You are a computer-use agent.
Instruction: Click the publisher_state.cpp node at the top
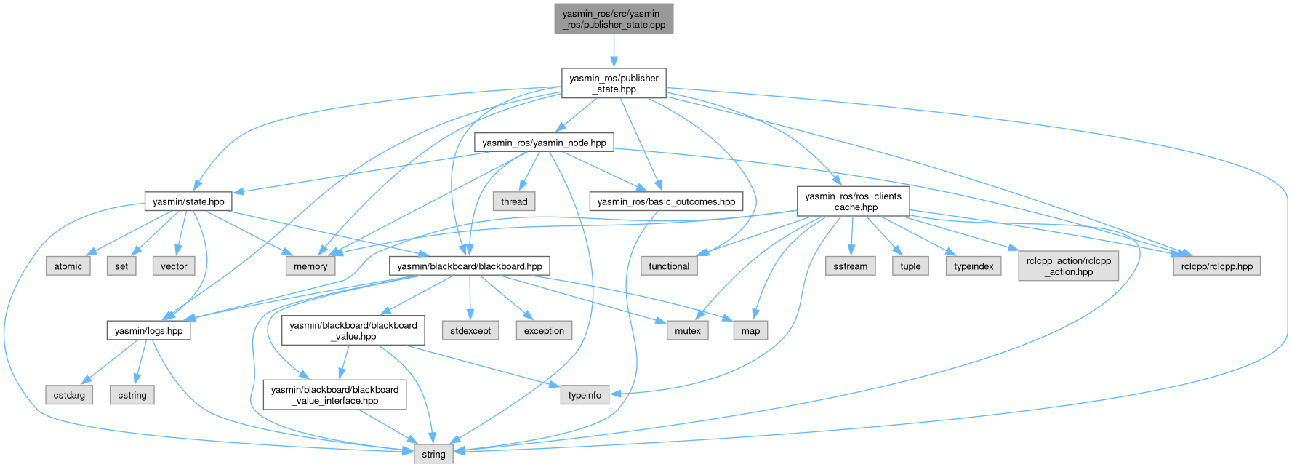click(x=614, y=18)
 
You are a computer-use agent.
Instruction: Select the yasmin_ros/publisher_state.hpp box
click(x=614, y=83)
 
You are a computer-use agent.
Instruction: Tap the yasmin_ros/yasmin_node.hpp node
click(x=544, y=143)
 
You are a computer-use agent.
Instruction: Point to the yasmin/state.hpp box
click(x=188, y=201)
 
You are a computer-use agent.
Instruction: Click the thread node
click(x=514, y=201)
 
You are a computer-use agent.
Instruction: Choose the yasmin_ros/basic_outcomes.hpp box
click(x=666, y=201)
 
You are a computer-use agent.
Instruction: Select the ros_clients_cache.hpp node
click(x=853, y=201)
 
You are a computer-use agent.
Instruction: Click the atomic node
click(x=68, y=266)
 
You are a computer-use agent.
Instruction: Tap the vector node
click(x=174, y=266)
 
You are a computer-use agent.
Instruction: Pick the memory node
click(x=310, y=266)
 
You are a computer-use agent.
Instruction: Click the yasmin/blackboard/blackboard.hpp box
click(x=470, y=266)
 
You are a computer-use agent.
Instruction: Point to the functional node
click(x=669, y=266)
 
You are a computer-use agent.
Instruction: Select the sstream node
click(x=851, y=266)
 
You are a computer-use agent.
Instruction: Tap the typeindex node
click(x=974, y=266)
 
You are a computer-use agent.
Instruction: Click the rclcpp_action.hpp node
click(x=1068, y=266)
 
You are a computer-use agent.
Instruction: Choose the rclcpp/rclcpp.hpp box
click(x=1217, y=266)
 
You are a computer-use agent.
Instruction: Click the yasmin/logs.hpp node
click(x=149, y=331)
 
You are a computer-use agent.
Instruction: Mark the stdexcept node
click(x=470, y=331)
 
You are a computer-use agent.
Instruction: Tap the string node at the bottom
click(x=433, y=455)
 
